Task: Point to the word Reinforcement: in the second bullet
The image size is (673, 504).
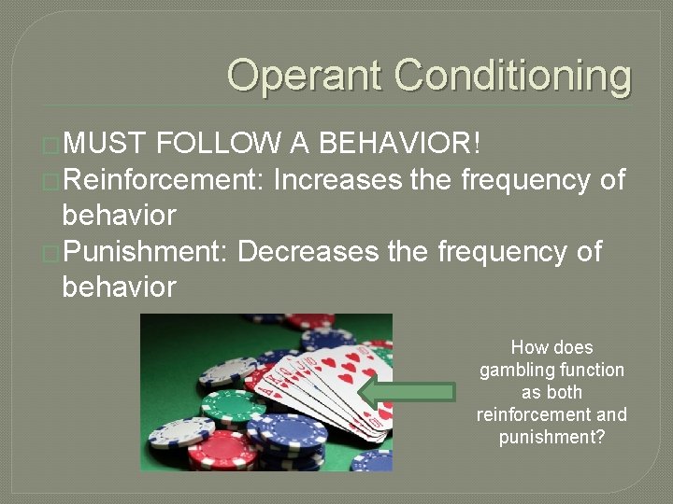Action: tap(165, 179)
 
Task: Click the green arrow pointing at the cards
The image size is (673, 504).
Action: tap(407, 392)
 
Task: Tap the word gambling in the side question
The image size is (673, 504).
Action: tap(512, 370)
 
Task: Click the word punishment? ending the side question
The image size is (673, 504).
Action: tap(551, 437)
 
